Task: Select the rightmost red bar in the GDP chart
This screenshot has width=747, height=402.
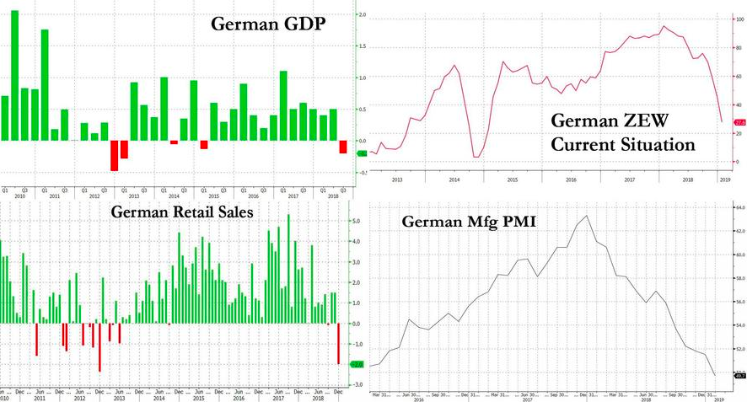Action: point(343,147)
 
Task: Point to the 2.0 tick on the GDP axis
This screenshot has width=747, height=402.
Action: point(363,15)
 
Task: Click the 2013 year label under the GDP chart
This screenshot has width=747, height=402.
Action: point(133,196)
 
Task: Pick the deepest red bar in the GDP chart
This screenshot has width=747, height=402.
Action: point(114,155)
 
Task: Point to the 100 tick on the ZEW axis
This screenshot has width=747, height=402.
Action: point(728,18)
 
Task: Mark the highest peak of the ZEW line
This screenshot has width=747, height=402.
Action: point(664,26)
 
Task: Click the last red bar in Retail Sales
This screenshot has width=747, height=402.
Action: point(339,343)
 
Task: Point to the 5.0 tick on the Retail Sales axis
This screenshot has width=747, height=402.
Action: point(357,222)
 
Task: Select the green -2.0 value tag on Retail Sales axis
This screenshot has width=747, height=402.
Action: point(356,364)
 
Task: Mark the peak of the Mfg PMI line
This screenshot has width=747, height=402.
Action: point(587,216)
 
